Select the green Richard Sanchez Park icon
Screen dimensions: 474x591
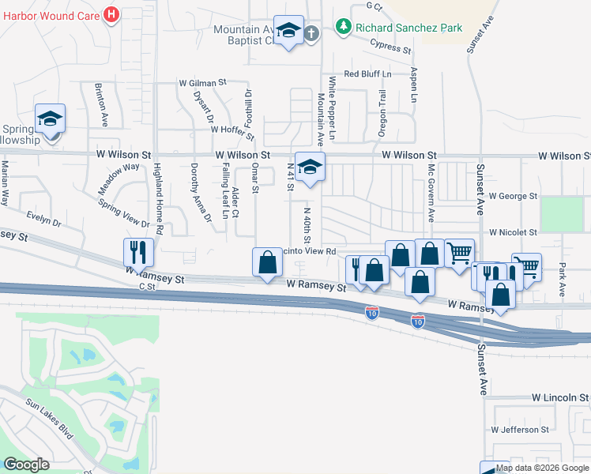tap(343, 28)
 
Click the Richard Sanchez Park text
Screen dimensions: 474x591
tap(408, 28)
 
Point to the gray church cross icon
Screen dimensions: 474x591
tap(311, 33)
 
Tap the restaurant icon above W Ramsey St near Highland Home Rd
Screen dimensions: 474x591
tap(138, 252)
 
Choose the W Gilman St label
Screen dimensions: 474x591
tap(202, 81)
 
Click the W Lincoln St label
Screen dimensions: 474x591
tap(560, 397)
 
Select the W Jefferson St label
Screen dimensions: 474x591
tap(519, 430)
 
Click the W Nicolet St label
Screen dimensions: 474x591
tap(513, 233)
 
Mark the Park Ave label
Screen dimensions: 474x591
tap(562, 279)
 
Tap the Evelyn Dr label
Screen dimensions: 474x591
tap(43, 219)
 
